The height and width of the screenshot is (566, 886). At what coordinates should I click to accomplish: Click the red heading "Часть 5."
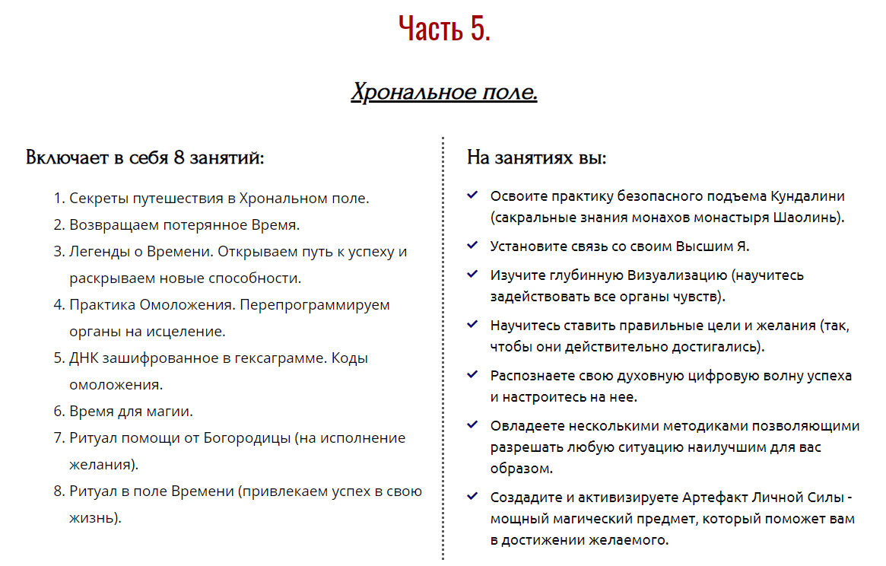(444, 29)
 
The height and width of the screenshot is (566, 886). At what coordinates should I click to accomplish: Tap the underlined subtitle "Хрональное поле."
(444, 93)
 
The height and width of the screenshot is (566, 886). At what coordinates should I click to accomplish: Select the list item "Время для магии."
(131, 412)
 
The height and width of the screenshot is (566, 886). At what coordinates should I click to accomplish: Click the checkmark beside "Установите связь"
(472, 246)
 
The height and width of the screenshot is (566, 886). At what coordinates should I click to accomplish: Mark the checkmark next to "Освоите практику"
(472, 196)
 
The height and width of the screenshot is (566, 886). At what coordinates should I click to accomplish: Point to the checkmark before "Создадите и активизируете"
(472, 497)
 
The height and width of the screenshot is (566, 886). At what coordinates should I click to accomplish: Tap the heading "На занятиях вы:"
(536, 158)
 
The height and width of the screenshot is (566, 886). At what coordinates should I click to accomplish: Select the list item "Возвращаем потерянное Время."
(185, 225)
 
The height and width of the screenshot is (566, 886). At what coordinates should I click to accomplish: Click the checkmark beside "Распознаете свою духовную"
(472, 374)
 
